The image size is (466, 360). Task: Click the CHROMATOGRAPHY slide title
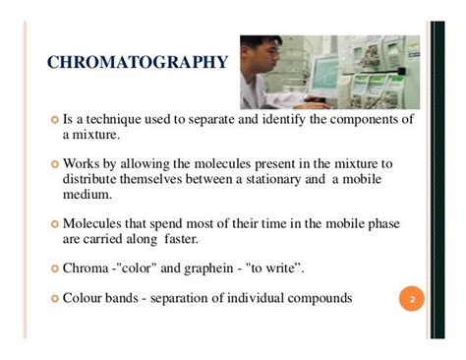pyautogui.click(x=138, y=64)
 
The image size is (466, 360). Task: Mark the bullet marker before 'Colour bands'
pyautogui.click(x=54, y=298)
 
